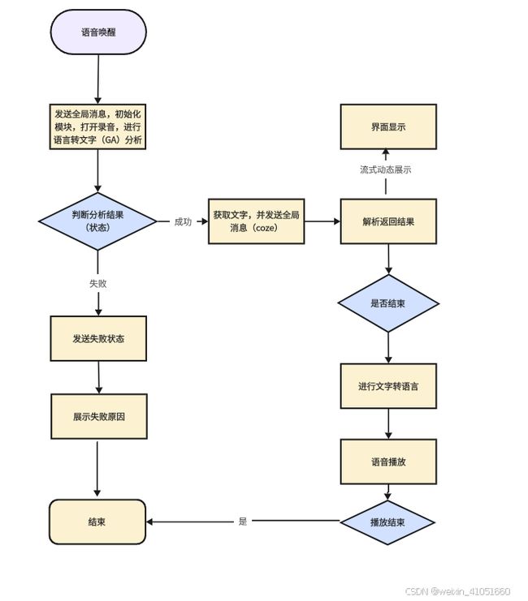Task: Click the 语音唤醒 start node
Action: [98, 32]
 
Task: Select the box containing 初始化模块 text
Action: [97, 127]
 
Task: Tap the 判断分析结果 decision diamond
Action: [97, 221]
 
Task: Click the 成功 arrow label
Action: [183, 221]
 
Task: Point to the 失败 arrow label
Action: [98, 283]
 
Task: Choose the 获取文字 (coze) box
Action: [256, 221]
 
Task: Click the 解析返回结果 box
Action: [388, 221]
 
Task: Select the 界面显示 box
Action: [388, 127]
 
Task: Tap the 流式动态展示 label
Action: [386, 170]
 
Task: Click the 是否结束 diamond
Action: [388, 303]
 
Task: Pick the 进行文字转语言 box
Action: [388, 386]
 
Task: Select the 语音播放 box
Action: [388, 461]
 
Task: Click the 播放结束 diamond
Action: [387, 522]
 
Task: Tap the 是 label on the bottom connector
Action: [243, 521]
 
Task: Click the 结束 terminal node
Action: [97, 522]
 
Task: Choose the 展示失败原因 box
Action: [99, 416]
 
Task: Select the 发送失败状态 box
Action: [98, 338]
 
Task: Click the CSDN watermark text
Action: [457, 591]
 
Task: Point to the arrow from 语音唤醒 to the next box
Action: [98, 79]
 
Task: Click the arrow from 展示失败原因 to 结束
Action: [97, 469]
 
